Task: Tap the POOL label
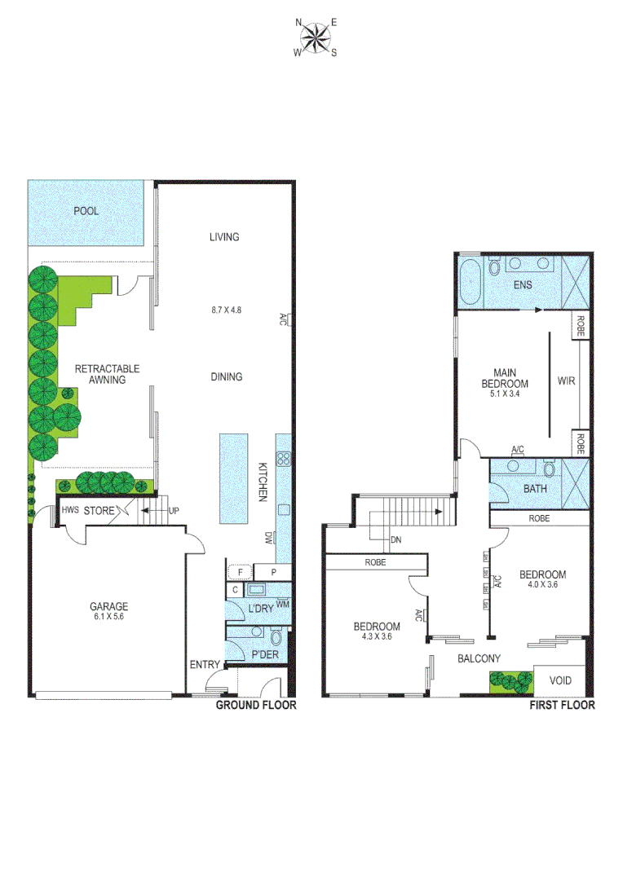(x=86, y=211)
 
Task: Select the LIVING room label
(x=224, y=237)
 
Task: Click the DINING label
(x=226, y=377)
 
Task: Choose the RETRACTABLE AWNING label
(x=107, y=374)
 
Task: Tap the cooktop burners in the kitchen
(x=284, y=459)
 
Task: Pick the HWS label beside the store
(x=70, y=511)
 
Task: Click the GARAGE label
(x=109, y=606)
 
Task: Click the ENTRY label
(x=205, y=665)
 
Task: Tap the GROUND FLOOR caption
(x=255, y=705)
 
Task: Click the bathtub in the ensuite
(x=471, y=280)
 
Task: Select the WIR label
(x=566, y=381)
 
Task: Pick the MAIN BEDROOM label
(x=505, y=379)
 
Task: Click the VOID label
(x=560, y=680)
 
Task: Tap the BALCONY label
(x=478, y=658)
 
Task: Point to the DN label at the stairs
(x=395, y=540)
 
